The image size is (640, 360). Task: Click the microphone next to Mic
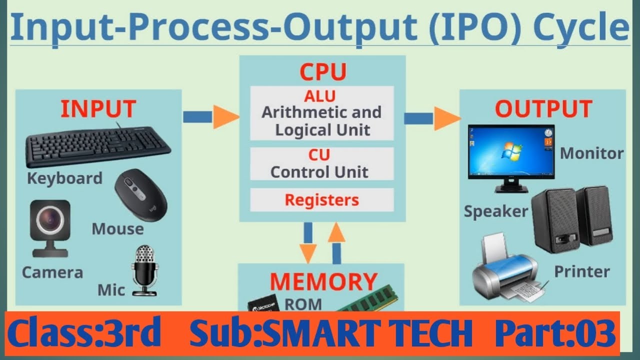144,270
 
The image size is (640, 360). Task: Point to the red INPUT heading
98,108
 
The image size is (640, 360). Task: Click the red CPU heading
322,72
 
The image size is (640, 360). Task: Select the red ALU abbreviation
320,95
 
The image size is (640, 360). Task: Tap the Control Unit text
319,172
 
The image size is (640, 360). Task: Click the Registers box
321,199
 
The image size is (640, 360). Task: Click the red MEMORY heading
323,281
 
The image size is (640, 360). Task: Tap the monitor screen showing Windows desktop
509,152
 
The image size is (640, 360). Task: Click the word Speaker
495,211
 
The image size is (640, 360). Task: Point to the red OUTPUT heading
543,108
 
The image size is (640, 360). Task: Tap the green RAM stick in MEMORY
367,300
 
